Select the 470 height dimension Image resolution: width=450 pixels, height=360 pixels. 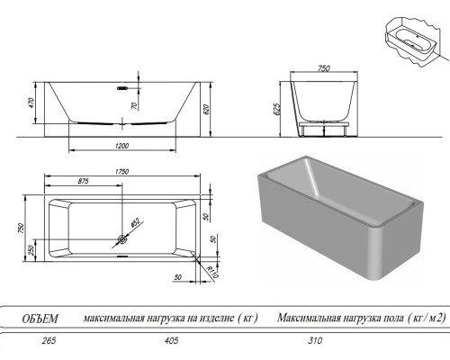tap(31, 104)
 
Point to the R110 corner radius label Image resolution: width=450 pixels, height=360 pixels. tap(213, 272)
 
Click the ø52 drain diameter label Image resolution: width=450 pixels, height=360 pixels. tap(135, 221)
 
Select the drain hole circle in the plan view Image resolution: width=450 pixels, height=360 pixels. tap(121, 240)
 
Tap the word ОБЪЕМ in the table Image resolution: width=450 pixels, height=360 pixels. tap(40, 318)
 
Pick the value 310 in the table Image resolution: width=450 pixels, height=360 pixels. tap(314, 341)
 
